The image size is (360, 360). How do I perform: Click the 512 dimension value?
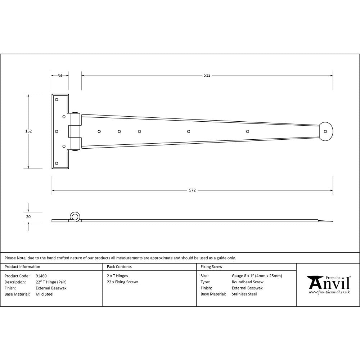click(x=207, y=76)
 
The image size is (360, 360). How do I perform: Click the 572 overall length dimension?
click(x=192, y=190)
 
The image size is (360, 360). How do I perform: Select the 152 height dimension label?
click(x=28, y=131)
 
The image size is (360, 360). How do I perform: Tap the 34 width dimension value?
click(x=60, y=76)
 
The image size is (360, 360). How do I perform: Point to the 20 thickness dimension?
click(x=28, y=217)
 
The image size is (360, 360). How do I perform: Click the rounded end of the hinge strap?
click(x=326, y=131)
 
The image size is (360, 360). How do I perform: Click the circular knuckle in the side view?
click(x=75, y=216)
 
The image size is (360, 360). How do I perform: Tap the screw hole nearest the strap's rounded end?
click(x=247, y=131)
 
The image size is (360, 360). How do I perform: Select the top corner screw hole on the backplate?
click(x=57, y=99)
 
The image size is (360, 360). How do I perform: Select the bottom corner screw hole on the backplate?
click(x=57, y=163)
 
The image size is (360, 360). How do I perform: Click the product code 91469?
click(x=41, y=276)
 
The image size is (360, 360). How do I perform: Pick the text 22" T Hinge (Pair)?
click(x=51, y=282)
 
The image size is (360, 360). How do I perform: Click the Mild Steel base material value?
click(x=44, y=294)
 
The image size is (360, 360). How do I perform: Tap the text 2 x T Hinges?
click(x=117, y=276)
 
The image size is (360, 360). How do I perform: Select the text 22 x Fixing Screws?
click(x=122, y=282)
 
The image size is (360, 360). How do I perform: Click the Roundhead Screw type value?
click(x=247, y=282)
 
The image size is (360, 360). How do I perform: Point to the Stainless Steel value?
click(x=244, y=294)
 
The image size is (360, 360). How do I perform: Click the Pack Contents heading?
click(x=119, y=267)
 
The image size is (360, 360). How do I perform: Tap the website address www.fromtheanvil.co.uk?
click(x=329, y=292)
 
